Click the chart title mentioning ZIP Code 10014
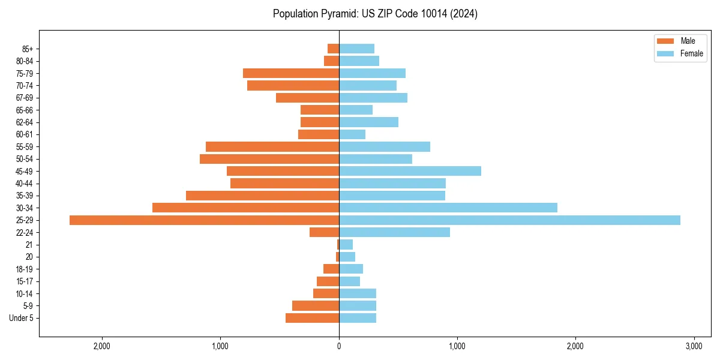(x=375, y=14)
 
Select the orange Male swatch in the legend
(x=665, y=41)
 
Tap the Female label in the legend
(x=691, y=53)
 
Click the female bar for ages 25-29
(x=509, y=220)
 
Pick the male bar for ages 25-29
(x=204, y=220)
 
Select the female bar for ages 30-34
(x=448, y=208)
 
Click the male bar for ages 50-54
(x=269, y=159)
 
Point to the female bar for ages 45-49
(x=410, y=171)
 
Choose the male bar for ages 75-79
(x=291, y=73)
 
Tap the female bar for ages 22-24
(x=394, y=232)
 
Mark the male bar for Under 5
(x=312, y=318)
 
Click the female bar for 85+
(x=356, y=49)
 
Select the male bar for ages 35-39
(x=262, y=196)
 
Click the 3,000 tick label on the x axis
(x=694, y=346)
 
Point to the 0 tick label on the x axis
(x=339, y=346)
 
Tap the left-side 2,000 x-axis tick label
(x=102, y=346)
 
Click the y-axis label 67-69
(x=25, y=98)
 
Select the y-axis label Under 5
(x=21, y=318)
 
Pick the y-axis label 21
(x=29, y=245)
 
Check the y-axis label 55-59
(x=25, y=147)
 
